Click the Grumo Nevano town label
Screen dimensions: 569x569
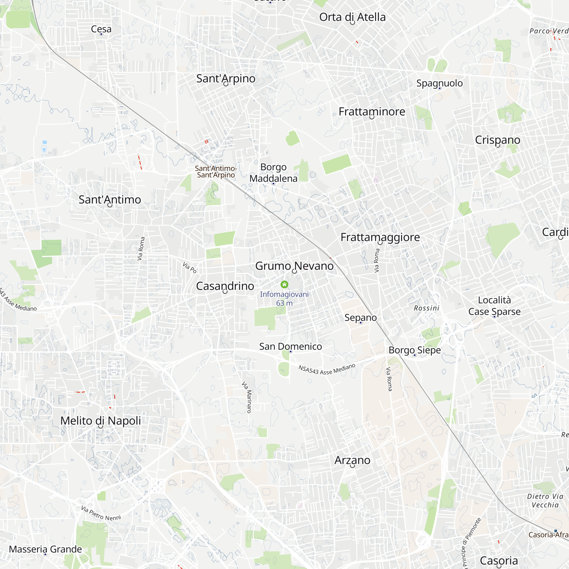(x=294, y=266)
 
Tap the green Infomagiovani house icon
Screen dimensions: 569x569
(x=284, y=284)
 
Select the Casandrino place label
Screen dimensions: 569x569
(x=225, y=286)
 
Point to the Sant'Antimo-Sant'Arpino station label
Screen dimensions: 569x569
(x=216, y=172)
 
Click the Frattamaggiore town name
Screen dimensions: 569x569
(x=380, y=237)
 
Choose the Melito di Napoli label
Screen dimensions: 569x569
(x=100, y=420)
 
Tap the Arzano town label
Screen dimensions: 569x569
(x=352, y=460)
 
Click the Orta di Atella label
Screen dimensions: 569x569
(x=352, y=17)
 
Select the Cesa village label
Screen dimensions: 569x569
(x=101, y=29)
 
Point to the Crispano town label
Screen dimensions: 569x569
(x=497, y=140)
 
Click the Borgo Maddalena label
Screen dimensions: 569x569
(x=273, y=173)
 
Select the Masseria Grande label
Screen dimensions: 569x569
(x=45, y=549)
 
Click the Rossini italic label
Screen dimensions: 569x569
(x=426, y=308)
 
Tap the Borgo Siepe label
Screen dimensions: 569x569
(x=415, y=350)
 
